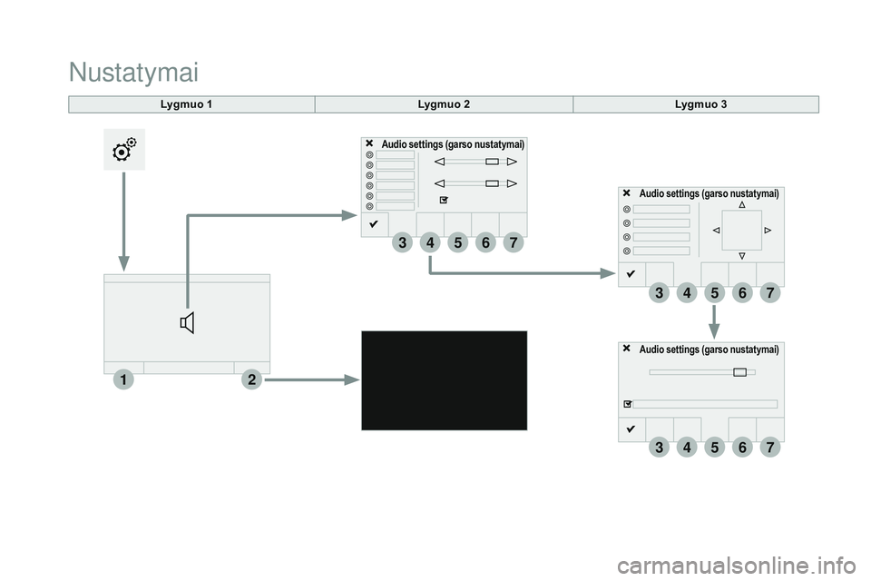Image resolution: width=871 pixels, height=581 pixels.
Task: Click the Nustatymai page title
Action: (x=132, y=70)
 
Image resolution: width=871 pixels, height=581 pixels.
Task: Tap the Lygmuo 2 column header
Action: (x=444, y=104)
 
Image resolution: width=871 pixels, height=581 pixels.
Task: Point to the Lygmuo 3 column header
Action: (x=700, y=104)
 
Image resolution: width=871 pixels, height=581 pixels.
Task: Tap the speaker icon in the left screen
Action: (x=188, y=322)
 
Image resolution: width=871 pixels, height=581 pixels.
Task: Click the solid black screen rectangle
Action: (x=444, y=379)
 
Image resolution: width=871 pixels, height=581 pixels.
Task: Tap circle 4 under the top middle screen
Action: (x=429, y=242)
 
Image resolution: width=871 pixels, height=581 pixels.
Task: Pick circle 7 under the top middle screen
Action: (x=513, y=242)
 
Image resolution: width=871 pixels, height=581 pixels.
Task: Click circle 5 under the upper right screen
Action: (x=714, y=292)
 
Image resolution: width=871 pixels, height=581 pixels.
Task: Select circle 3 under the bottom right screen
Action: (x=659, y=447)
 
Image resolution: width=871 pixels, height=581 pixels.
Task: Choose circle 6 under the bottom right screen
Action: (x=742, y=447)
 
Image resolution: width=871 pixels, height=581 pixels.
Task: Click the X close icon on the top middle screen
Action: (x=370, y=143)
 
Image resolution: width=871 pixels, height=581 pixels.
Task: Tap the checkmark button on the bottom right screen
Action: (x=631, y=428)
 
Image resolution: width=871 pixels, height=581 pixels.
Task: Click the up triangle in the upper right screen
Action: (x=742, y=205)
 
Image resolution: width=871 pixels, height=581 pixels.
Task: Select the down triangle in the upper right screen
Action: (x=742, y=256)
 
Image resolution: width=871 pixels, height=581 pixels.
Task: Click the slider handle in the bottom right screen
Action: (x=740, y=371)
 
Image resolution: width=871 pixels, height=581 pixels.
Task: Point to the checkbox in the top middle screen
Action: (x=444, y=199)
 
